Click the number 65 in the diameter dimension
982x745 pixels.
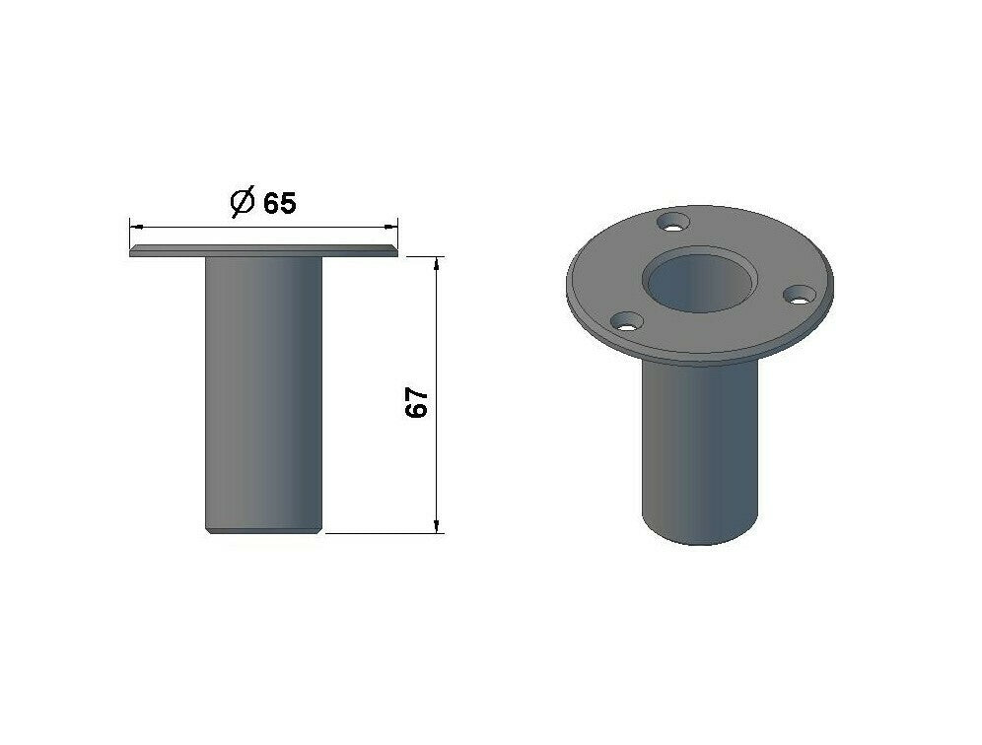coord(279,203)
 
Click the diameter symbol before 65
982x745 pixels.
coord(243,201)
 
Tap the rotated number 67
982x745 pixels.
coord(416,402)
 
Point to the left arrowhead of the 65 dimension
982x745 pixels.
coord(136,226)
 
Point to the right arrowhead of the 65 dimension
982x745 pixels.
coord(390,226)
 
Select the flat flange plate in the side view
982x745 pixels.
coord(263,250)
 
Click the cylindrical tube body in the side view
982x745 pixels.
coord(263,393)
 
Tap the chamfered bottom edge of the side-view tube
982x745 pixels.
coord(263,531)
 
